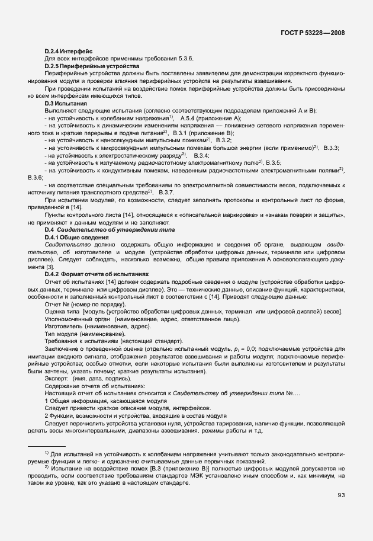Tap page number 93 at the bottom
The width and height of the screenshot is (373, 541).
coord(341,495)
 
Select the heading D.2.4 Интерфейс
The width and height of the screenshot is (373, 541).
coord(68,52)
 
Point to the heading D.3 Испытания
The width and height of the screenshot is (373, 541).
coord(67,103)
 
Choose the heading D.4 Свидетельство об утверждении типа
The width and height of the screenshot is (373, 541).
coord(104,229)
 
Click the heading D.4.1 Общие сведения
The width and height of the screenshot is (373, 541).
coord(76,237)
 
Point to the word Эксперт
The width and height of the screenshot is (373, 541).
coord(57,378)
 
